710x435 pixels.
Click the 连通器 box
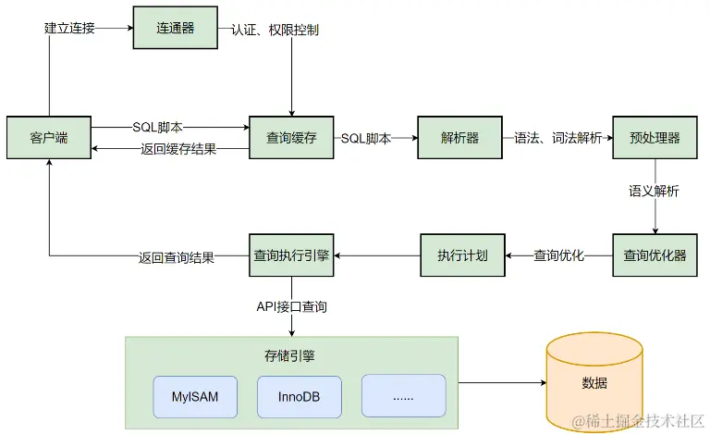click(x=176, y=29)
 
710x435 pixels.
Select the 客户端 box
click(x=49, y=138)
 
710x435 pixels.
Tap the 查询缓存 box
click(x=291, y=138)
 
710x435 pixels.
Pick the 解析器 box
click(x=460, y=138)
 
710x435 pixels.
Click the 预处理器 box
click(x=655, y=138)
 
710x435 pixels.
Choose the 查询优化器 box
click(x=655, y=255)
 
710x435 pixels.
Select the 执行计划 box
click(x=462, y=255)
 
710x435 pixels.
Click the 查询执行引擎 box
click(x=291, y=255)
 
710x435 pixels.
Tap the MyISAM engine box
click(x=195, y=396)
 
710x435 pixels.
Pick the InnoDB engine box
click(x=300, y=396)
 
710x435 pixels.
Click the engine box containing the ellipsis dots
click(x=403, y=396)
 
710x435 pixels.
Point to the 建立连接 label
click(x=69, y=29)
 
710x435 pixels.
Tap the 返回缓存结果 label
click(x=178, y=149)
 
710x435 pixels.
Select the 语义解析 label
click(x=655, y=192)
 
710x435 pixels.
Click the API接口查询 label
click(x=292, y=305)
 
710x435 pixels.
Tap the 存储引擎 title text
click(x=291, y=354)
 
